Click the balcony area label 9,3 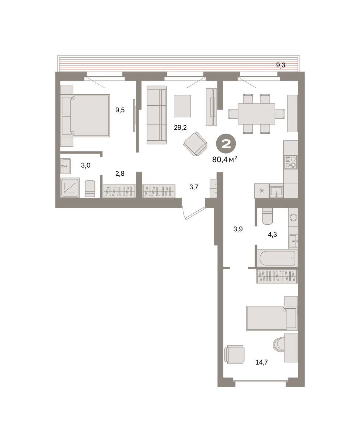(280, 65)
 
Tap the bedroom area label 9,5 (120, 110)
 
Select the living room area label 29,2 (180, 127)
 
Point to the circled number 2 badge (226, 144)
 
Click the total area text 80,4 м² (225, 159)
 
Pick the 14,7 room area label (262, 362)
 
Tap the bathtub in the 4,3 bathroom (277, 258)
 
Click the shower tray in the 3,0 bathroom (70, 187)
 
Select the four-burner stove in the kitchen (291, 162)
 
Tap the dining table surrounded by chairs (256, 114)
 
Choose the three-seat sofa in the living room (157, 115)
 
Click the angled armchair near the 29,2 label (195, 144)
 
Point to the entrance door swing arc (184, 213)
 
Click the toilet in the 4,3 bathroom (268, 216)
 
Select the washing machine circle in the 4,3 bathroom (293, 217)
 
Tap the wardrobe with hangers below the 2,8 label (119, 191)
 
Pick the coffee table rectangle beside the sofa (182, 106)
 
